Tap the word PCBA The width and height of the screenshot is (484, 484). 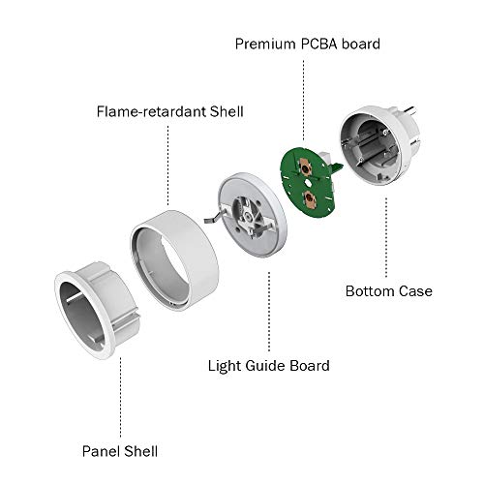321,45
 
